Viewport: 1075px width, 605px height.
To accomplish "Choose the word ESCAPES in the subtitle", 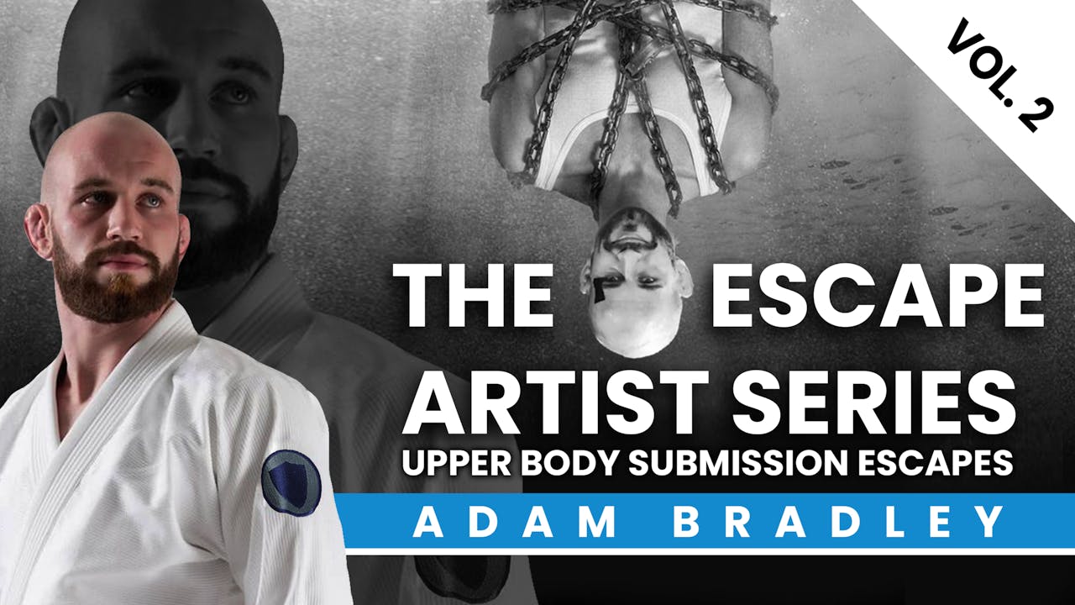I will (935, 463).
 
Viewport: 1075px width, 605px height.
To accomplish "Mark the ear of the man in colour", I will (37, 230).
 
